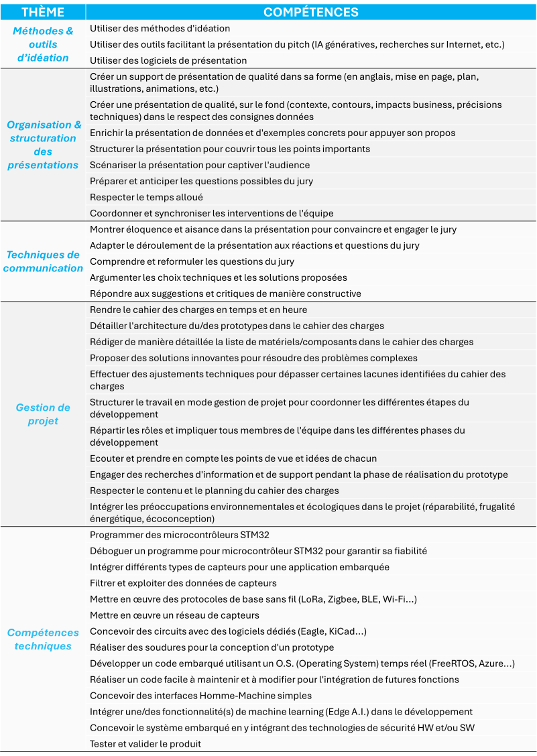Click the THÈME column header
(x=43, y=12)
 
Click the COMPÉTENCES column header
(x=310, y=12)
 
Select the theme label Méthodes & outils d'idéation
(x=43, y=44)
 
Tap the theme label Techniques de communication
(x=43, y=261)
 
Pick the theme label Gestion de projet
(x=43, y=414)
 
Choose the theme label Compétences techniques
(x=43, y=639)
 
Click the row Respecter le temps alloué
(x=146, y=197)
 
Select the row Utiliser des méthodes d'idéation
(x=160, y=28)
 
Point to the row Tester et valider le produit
(x=145, y=744)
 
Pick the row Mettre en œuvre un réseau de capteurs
(x=174, y=615)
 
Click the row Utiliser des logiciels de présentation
(x=168, y=60)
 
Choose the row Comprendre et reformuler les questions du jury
(x=192, y=261)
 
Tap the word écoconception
(x=184, y=519)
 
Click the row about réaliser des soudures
(x=212, y=647)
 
